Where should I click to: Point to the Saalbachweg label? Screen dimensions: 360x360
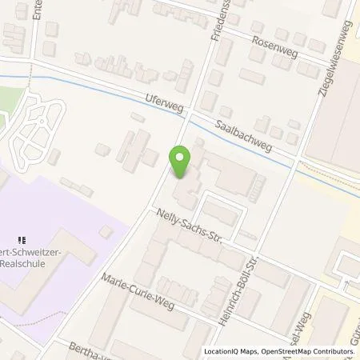click(x=244, y=135)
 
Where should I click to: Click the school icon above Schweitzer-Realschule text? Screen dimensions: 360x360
click(x=23, y=237)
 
